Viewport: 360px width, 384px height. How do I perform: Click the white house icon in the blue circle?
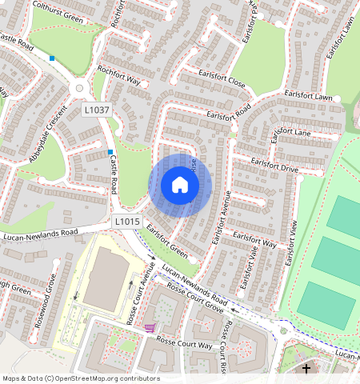[180, 185]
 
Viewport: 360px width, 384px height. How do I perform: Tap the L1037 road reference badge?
[97, 110]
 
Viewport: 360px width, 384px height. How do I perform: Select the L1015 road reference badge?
[127, 221]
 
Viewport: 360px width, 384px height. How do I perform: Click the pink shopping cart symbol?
[150, 327]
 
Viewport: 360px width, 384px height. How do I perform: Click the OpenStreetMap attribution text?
[80, 378]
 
